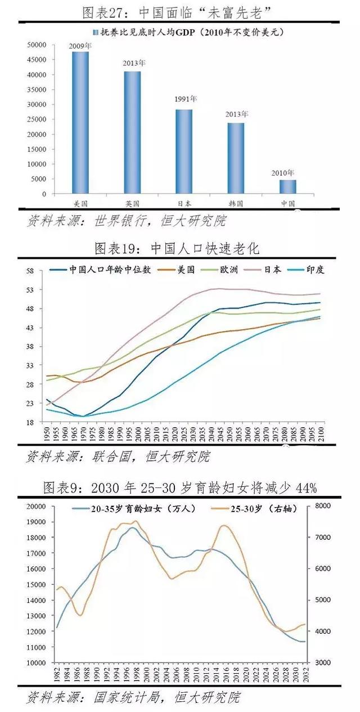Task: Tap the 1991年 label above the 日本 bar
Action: click(x=184, y=99)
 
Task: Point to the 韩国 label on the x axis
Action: click(x=236, y=203)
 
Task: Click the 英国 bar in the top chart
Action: click(x=132, y=132)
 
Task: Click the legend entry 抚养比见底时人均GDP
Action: click(x=186, y=32)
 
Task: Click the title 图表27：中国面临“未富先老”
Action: click(x=180, y=11)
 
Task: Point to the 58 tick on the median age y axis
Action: click(x=30, y=271)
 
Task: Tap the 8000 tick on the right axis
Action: click(x=323, y=506)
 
